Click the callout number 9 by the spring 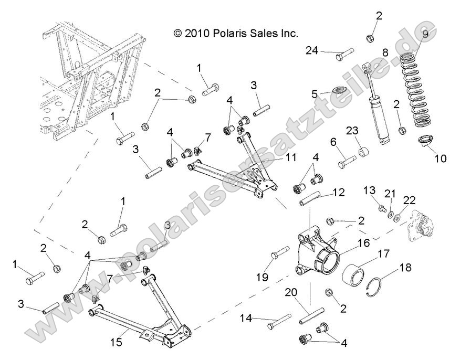(425, 35)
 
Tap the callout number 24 (312, 51)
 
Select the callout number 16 (363, 243)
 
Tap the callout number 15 (117, 342)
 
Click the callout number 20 (291, 292)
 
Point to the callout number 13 (370, 189)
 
